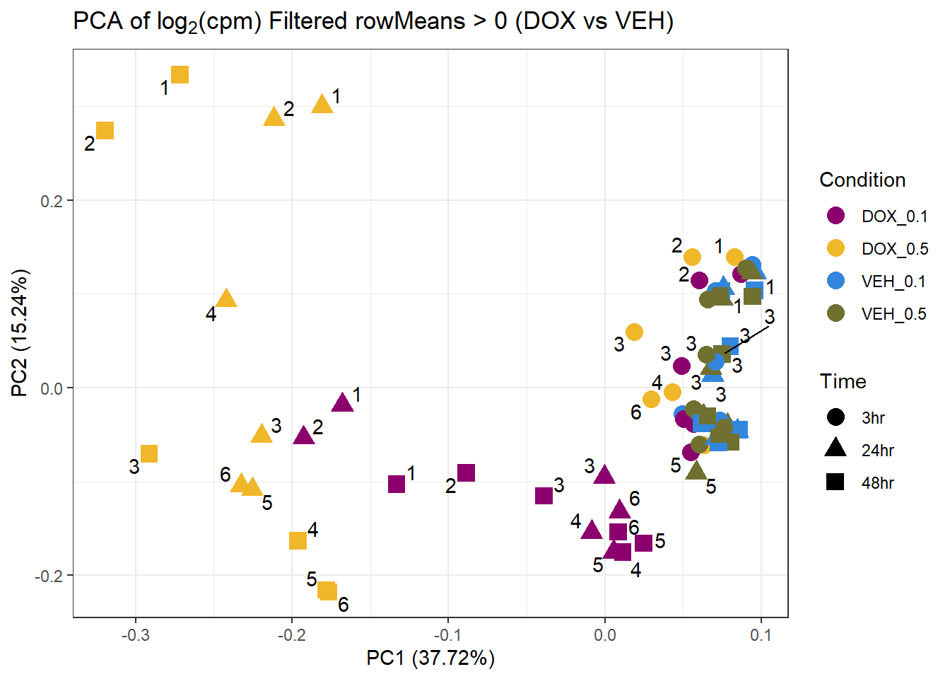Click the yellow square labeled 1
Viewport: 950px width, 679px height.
(180, 74)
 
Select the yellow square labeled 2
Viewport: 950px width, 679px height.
(105, 130)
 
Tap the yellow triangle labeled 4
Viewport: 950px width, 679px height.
(226, 298)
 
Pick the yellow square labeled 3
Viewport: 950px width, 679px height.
(148, 453)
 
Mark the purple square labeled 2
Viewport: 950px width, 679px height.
(466, 472)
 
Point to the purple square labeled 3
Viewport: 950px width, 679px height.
(544, 496)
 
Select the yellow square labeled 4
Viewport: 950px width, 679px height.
(298, 540)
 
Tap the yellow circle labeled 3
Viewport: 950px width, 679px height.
(634, 332)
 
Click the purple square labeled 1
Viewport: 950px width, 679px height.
(397, 484)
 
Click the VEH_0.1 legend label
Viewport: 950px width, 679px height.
(893, 282)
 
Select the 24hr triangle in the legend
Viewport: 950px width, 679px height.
(835, 448)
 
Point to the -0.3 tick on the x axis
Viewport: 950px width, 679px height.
(135, 635)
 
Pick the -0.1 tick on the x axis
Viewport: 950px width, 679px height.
(448, 635)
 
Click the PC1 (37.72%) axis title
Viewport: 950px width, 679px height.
(430, 658)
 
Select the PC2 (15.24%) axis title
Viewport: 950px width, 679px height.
(20, 332)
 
